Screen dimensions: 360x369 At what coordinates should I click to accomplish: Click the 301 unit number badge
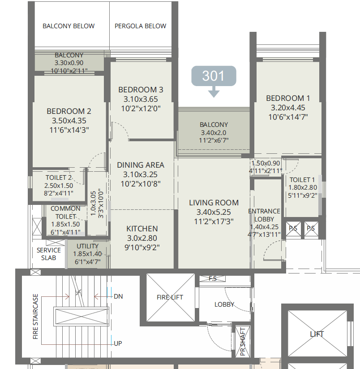click(x=214, y=76)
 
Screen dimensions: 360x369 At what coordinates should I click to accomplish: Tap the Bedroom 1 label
click(x=288, y=98)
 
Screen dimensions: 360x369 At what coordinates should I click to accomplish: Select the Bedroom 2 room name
click(x=69, y=111)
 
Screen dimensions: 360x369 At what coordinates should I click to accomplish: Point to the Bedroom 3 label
click(x=141, y=90)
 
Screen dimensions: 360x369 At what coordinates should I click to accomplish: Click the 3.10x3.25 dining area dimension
click(x=141, y=174)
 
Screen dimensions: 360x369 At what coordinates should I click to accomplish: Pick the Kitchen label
click(x=142, y=229)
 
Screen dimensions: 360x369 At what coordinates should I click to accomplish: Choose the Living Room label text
click(x=214, y=203)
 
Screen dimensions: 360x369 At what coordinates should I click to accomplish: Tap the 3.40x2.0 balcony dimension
click(x=214, y=133)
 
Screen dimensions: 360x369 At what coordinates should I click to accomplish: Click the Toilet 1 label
click(x=302, y=180)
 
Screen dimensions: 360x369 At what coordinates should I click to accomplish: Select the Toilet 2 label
click(x=59, y=178)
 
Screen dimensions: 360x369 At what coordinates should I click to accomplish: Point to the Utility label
click(x=87, y=246)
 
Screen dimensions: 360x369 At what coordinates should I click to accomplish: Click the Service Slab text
click(x=49, y=254)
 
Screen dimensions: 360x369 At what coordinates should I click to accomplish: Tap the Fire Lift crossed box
click(x=170, y=297)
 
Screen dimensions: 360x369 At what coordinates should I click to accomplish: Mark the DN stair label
click(x=118, y=296)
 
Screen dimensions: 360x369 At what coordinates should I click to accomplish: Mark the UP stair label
click(x=118, y=343)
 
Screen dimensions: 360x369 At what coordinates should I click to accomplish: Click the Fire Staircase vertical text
click(x=35, y=317)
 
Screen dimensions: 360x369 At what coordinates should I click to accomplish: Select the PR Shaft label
click(x=243, y=342)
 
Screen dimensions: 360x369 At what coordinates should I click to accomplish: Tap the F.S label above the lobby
click(x=213, y=278)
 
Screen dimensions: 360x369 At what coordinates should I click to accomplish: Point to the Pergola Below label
click(x=140, y=26)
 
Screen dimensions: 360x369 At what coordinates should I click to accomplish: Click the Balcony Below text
click(x=69, y=26)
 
